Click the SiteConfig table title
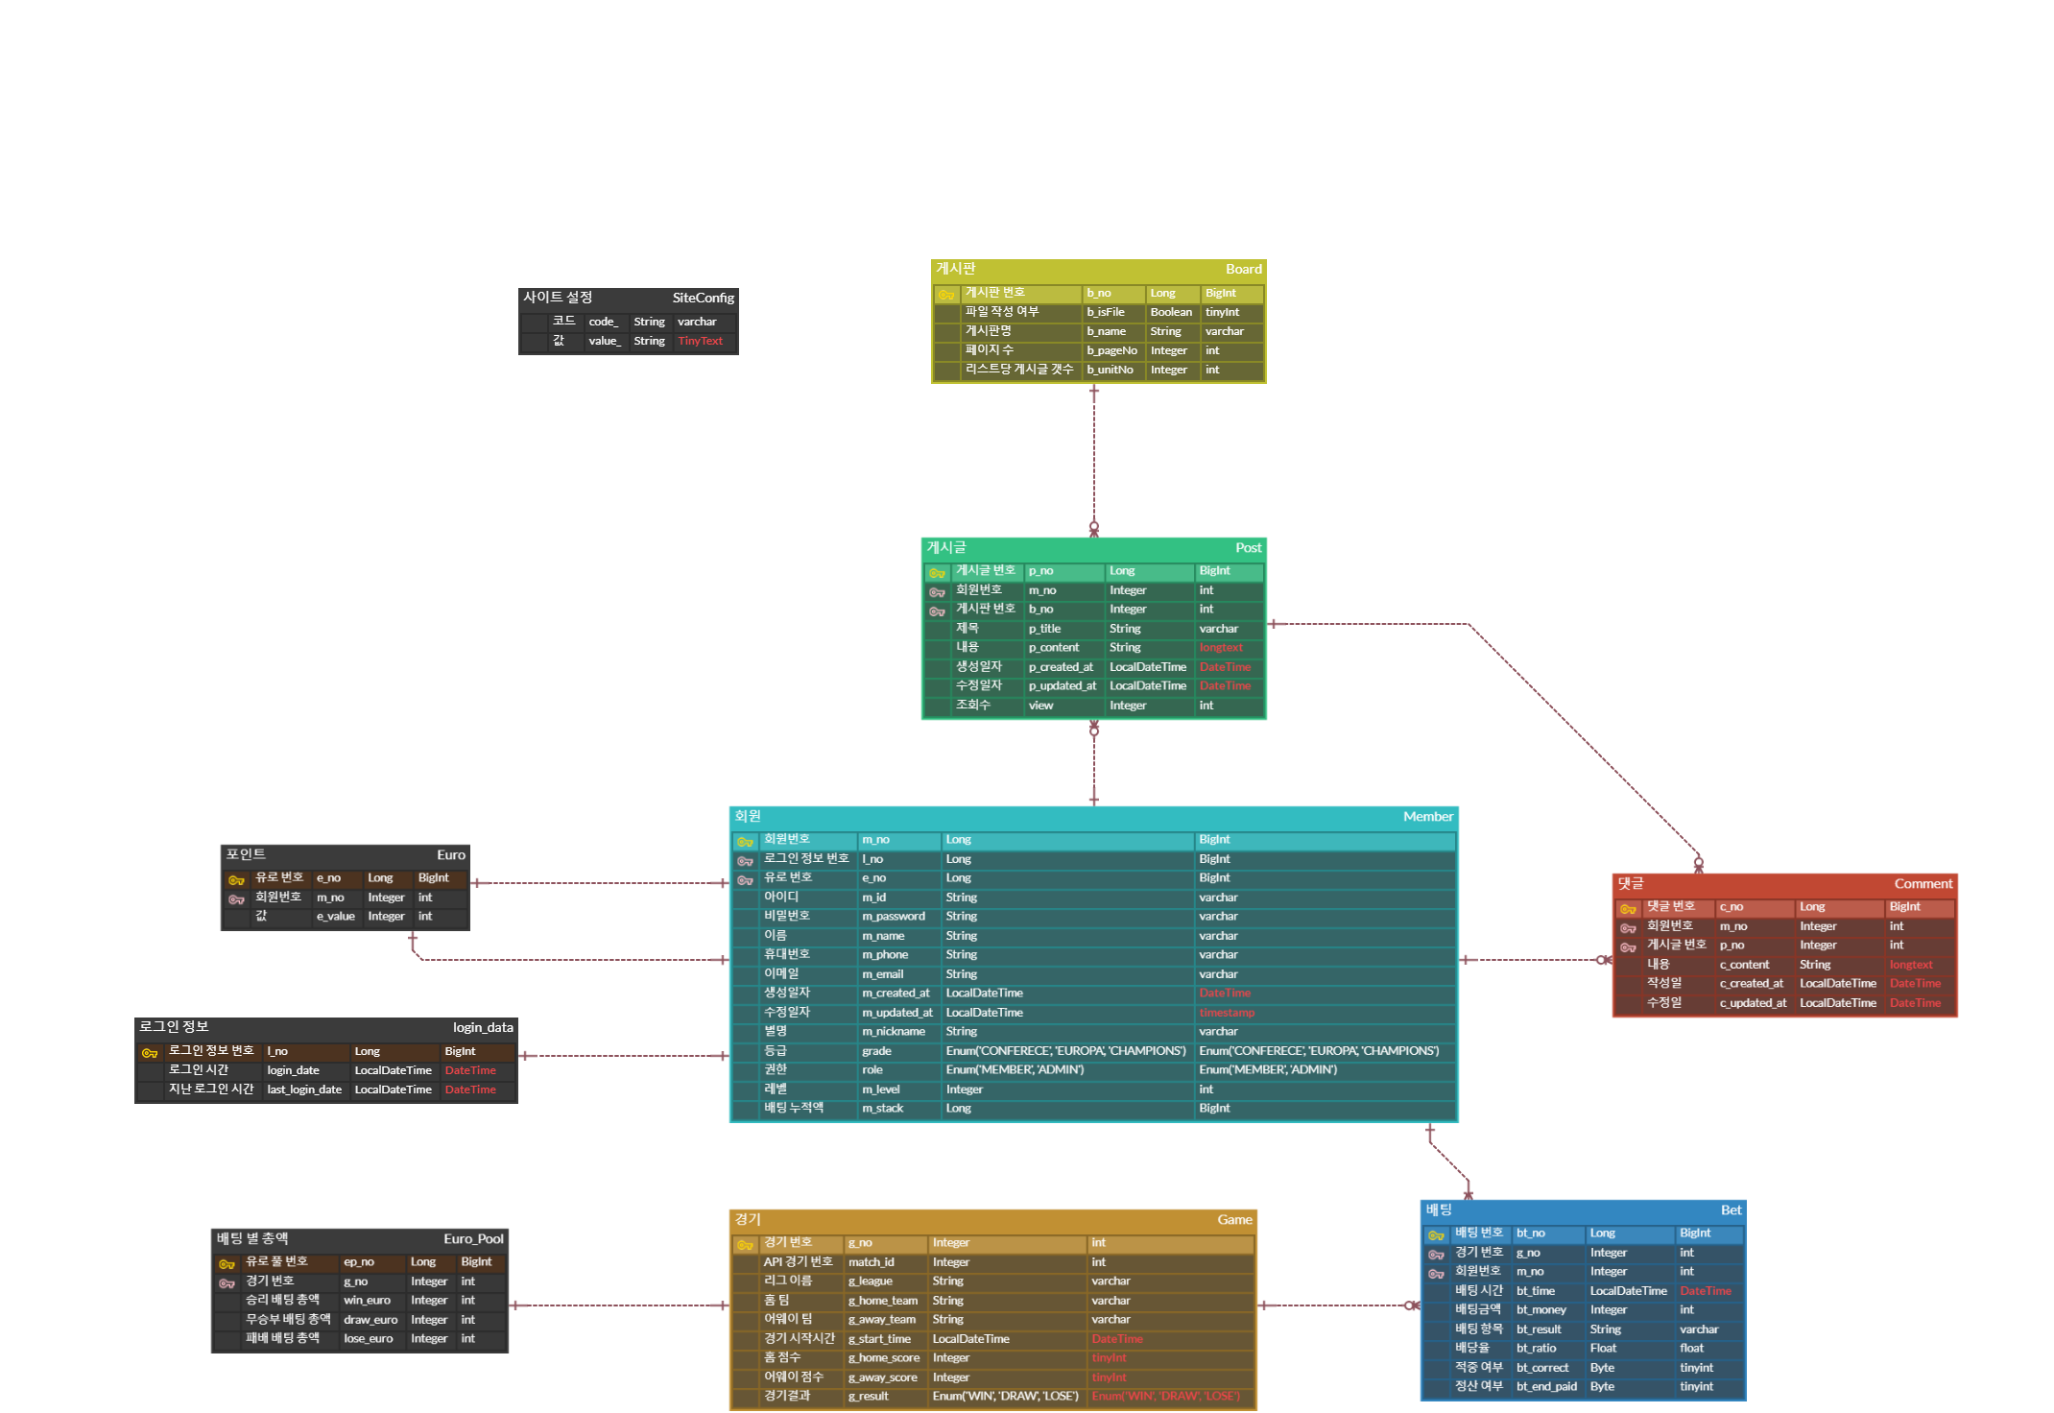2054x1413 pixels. [703, 298]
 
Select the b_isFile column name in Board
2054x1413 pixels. [1106, 312]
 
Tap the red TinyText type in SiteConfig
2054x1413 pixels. [700, 341]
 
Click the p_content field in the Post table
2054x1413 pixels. [1053, 648]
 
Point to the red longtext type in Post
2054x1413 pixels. [1221, 648]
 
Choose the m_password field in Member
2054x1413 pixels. [893, 917]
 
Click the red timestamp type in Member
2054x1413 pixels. [1227, 1013]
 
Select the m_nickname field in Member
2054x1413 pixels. [893, 1032]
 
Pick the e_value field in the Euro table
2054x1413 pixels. [335, 917]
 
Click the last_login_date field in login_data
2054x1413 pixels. [303, 1090]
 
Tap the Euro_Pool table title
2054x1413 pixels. [473, 1238]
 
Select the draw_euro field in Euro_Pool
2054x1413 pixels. [370, 1320]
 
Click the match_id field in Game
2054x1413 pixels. [871, 1262]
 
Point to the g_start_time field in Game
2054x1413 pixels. [879, 1339]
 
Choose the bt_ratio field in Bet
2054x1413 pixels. [1536, 1349]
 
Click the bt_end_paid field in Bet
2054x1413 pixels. [1546, 1387]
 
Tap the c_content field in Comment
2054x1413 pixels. [1744, 965]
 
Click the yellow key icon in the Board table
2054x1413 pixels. [946, 295]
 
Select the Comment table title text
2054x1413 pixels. [1923, 883]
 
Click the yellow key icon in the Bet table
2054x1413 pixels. [1436, 1235]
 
